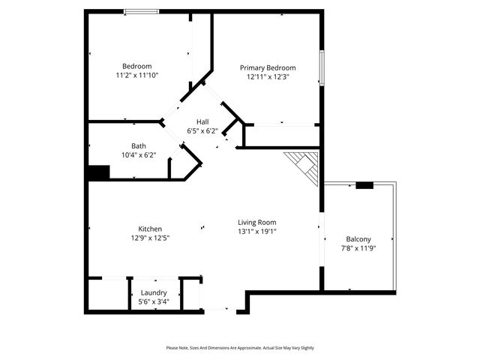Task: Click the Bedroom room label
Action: pyautogui.click(x=137, y=66)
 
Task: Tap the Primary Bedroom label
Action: pyautogui.click(x=268, y=67)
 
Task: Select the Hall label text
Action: pyautogui.click(x=202, y=121)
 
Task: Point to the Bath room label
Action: pyautogui.click(x=139, y=146)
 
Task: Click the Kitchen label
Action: pyautogui.click(x=150, y=229)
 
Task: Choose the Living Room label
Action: pyautogui.click(x=257, y=222)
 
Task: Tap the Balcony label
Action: pyautogui.click(x=358, y=239)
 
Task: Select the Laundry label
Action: pyautogui.click(x=154, y=292)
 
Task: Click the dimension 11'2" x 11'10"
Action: pyautogui.click(x=137, y=75)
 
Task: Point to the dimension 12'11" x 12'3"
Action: pyautogui.click(x=268, y=76)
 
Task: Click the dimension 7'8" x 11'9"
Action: pyautogui.click(x=358, y=248)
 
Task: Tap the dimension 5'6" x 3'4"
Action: pyautogui.click(x=154, y=301)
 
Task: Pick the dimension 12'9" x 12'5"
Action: pyautogui.click(x=150, y=238)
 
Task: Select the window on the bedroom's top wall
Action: pyautogui.click(x=141, y=11)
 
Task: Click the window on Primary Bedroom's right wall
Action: pyautogui.click(x=322, y=68)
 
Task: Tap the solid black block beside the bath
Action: pyautogui.click(x=98, y=172)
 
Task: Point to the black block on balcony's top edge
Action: pyautogui.click(x=364, y=184)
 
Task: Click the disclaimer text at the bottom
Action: pyautogui.click(x=240, y=348)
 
